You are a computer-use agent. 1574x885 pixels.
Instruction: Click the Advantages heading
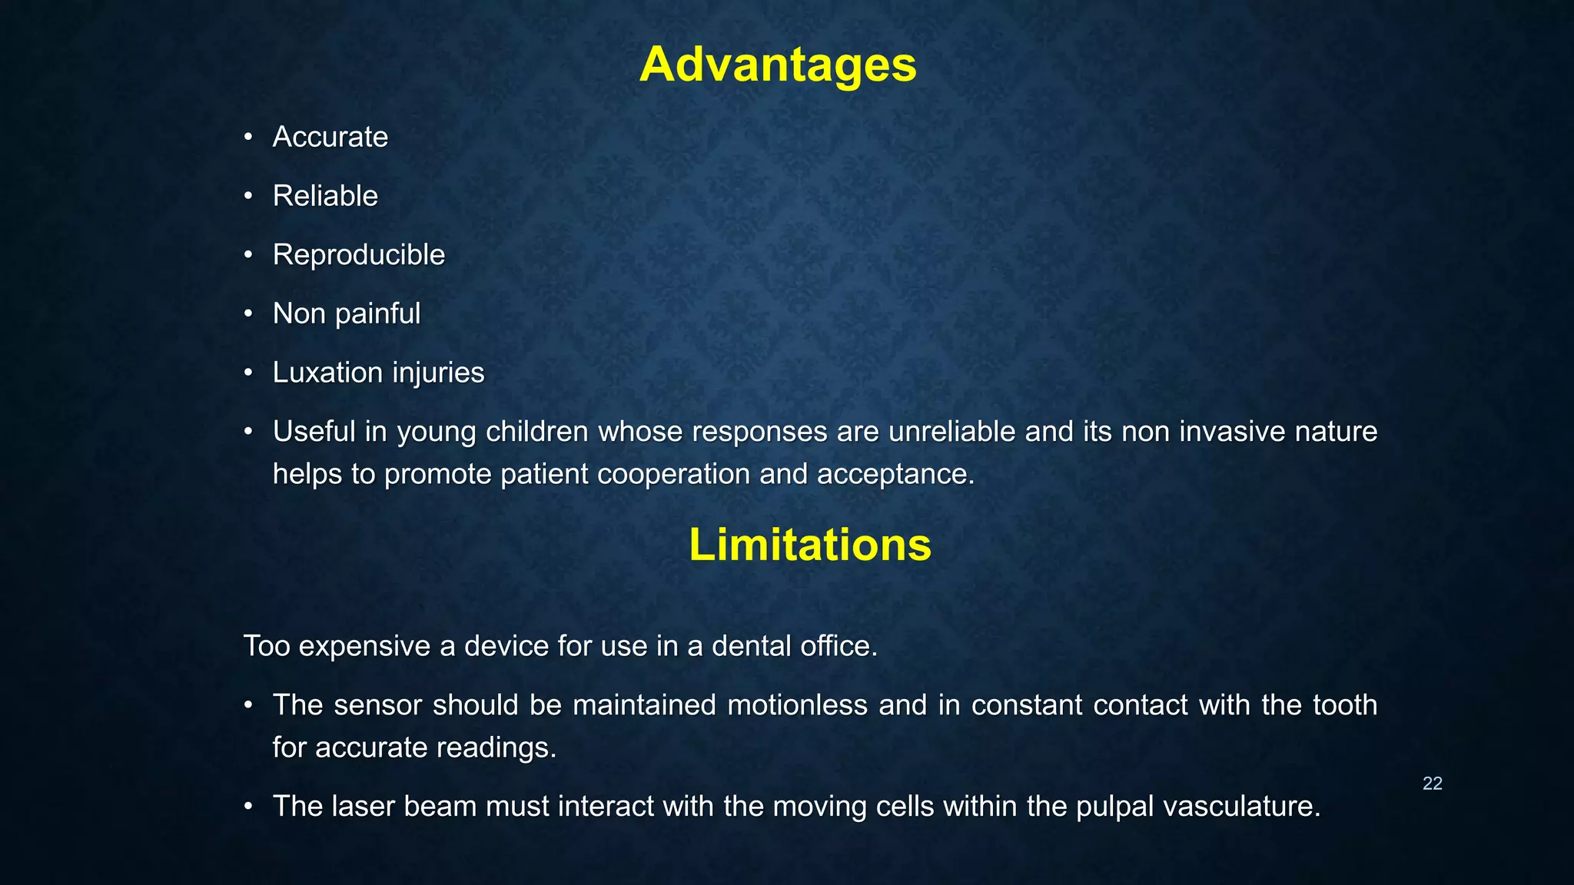coord(778,65)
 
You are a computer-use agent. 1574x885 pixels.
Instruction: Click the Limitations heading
coord(809,545)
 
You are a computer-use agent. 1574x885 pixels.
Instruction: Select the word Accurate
coord(330,137)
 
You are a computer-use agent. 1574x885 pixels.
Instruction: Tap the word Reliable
coord(325,196)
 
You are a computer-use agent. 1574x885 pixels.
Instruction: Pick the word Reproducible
coord(358,255)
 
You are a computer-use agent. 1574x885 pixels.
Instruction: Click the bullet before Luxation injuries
coord(248,373)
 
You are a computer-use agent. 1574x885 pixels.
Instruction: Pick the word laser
coord(363,807)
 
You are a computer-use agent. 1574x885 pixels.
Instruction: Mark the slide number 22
coord(1432,784)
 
